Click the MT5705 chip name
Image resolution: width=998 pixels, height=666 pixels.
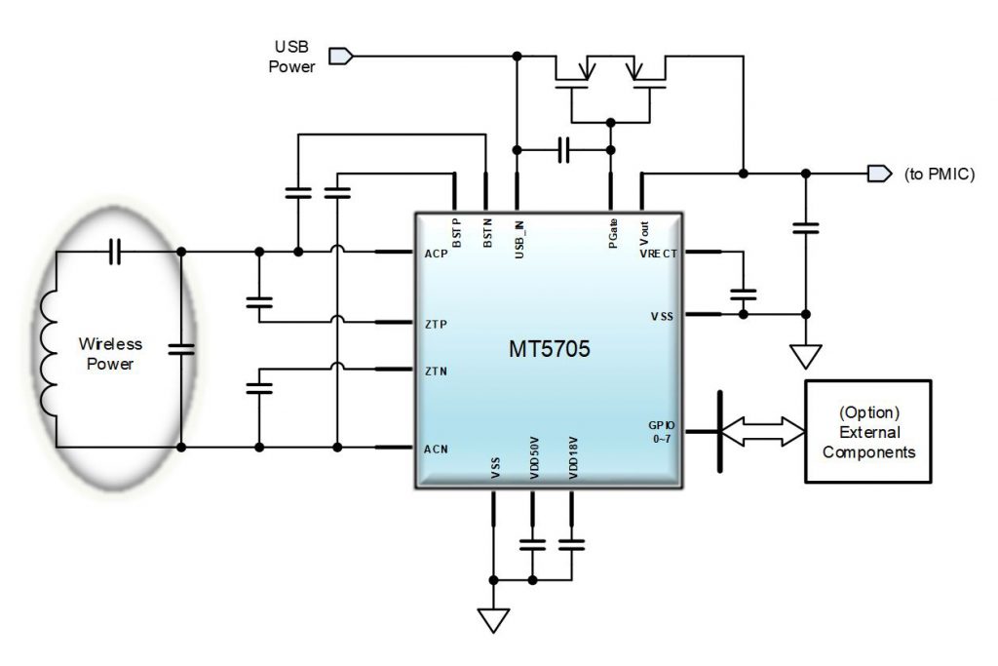click(x=548, y=349)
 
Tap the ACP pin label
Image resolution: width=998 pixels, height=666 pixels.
click(x=436, y=255)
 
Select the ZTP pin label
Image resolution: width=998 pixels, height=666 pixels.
click(x=436, y=324)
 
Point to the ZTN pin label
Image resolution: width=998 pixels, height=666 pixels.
click(x=436, y=372)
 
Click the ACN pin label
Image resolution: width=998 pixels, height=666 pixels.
click(x=436, y=449)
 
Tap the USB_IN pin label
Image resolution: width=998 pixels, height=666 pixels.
click(x=518, y=234)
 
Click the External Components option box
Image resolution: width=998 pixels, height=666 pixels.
click(x=866, y=430)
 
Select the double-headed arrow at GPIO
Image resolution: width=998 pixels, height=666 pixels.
click(x=762, y=430)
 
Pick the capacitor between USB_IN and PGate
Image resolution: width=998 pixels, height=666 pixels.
click(x=563, y=150)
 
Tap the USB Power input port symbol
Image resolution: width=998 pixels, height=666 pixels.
click(x=340, y=57)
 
